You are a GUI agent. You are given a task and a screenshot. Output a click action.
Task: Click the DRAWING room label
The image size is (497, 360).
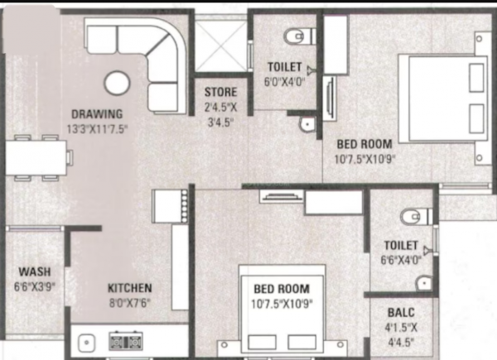tap(97, 113)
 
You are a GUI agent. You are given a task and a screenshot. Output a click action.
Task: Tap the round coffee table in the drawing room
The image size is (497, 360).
tap(116, 83)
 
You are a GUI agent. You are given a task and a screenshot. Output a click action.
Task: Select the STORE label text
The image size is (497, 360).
tap(220, 92)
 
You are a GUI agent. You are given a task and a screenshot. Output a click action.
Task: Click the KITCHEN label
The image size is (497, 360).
tap(129, 288)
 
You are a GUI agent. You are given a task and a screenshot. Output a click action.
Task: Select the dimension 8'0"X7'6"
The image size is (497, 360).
tap(130, 302)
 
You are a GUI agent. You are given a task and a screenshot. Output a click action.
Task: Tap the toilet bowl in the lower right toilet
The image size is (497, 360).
tap(412, 217)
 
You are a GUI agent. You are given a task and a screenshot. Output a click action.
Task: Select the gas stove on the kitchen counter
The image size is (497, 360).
tap(127, 339)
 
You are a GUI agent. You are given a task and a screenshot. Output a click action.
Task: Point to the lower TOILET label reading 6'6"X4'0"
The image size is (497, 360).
tap(401, 252)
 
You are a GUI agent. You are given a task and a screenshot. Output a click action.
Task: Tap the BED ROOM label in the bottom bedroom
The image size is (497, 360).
tap(281, 288)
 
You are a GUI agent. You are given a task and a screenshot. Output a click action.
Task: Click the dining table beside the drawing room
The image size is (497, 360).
tap(39, 157)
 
